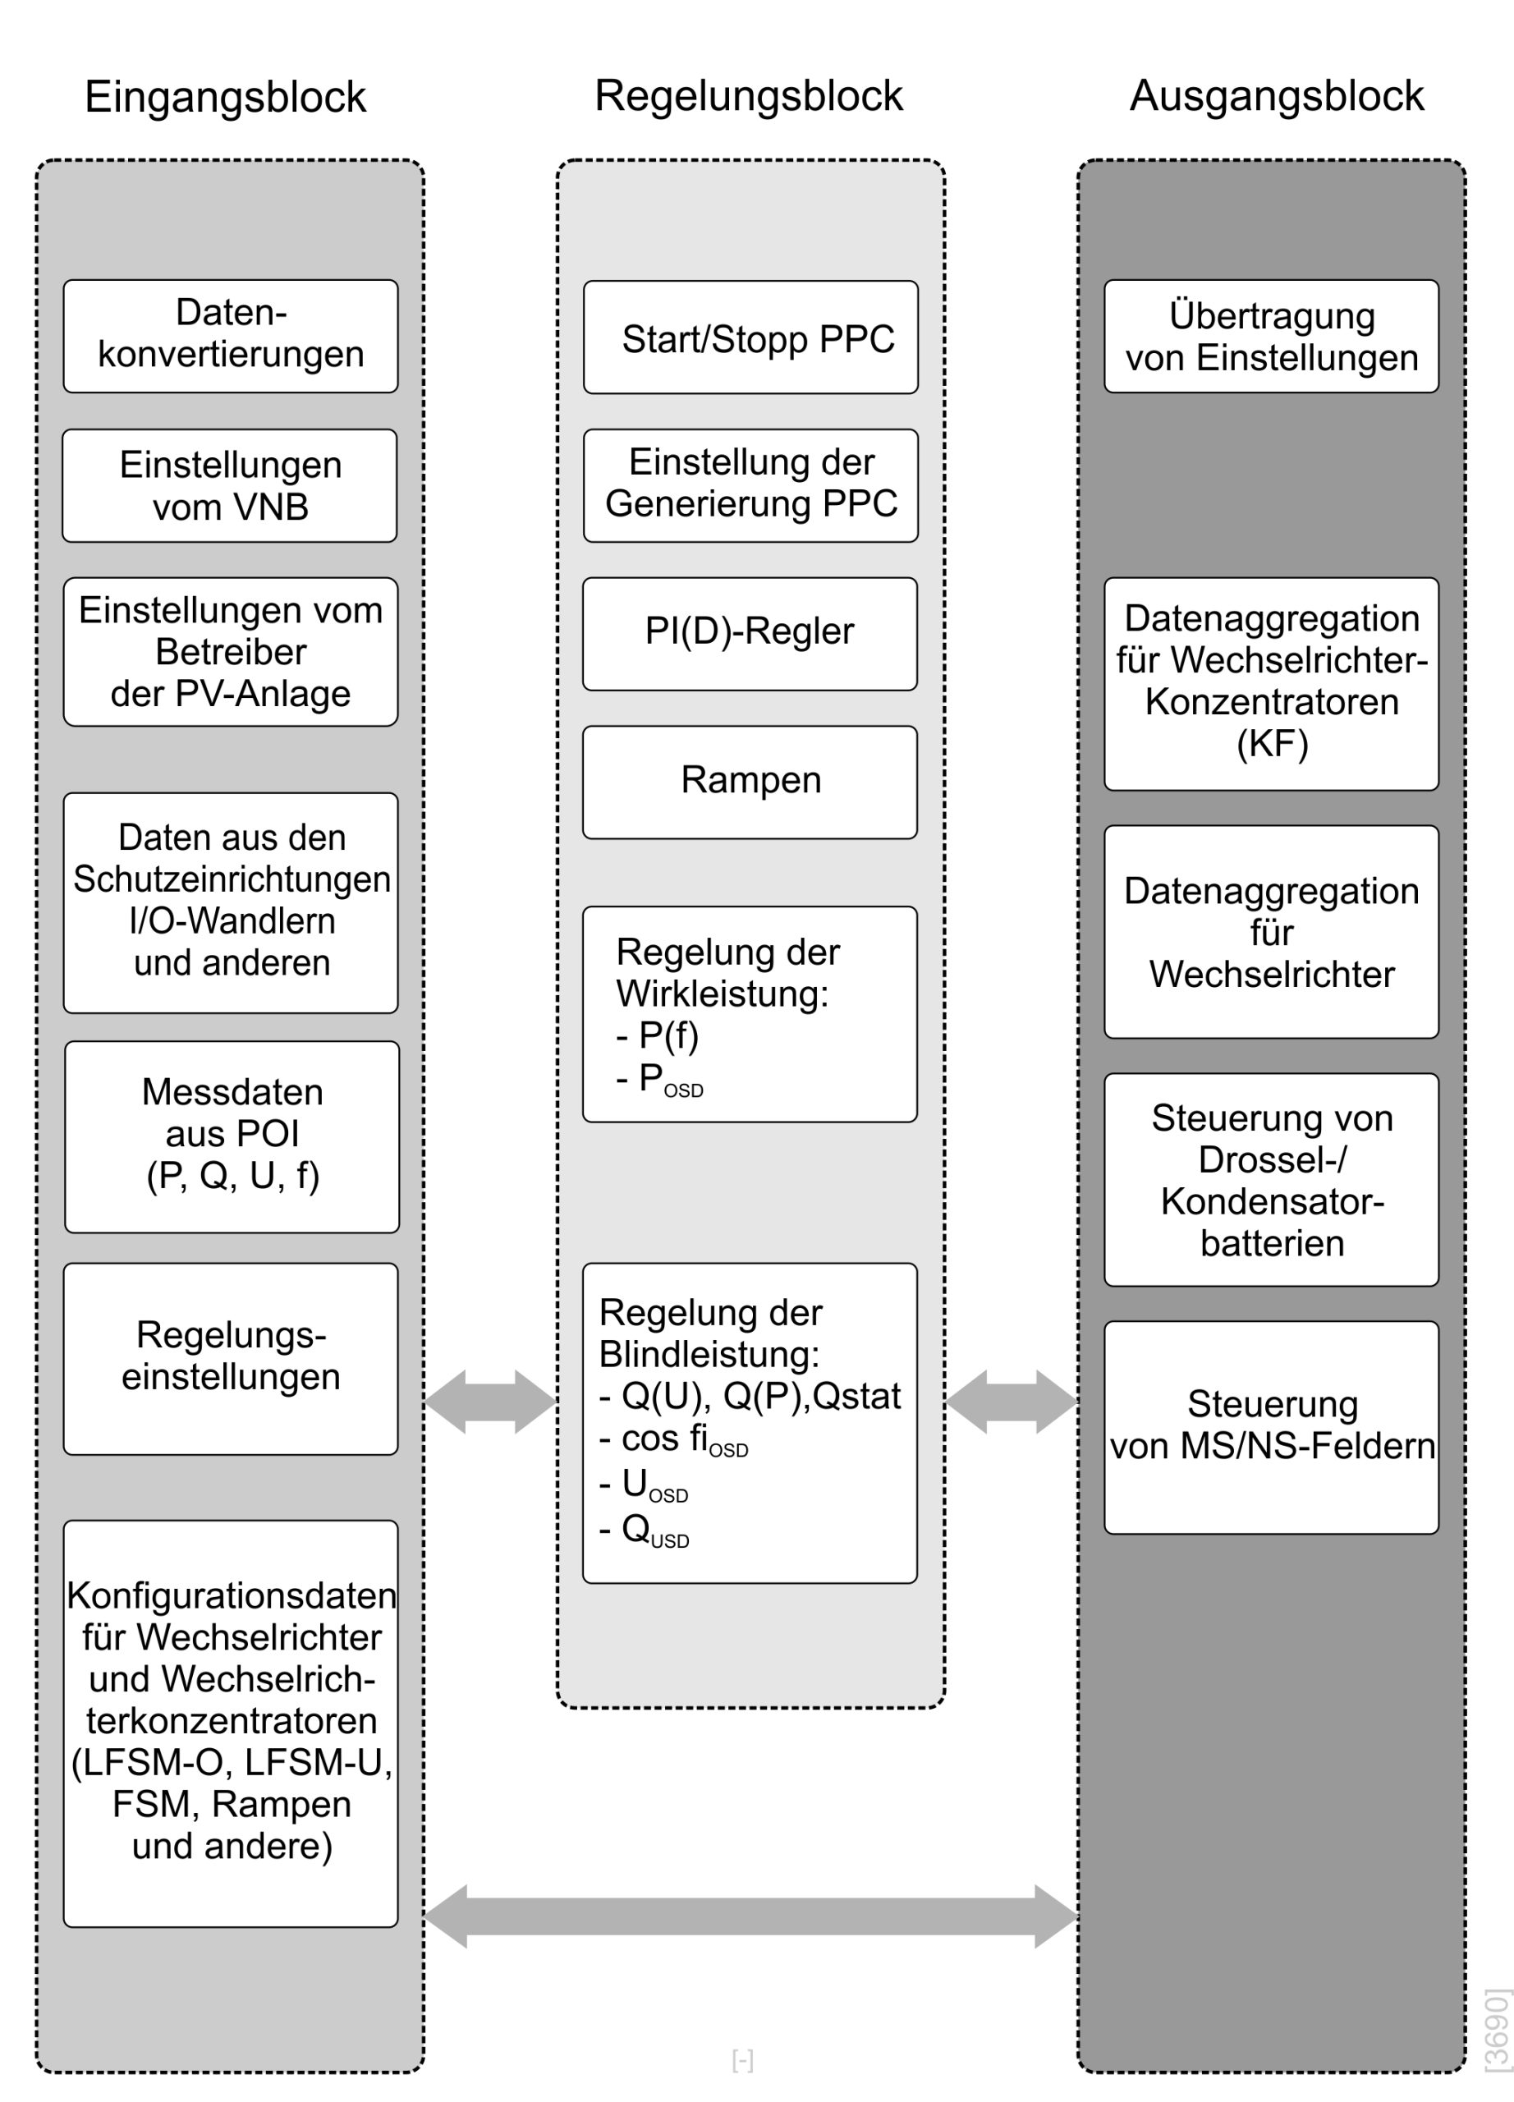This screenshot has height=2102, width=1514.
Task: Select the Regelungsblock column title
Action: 749,96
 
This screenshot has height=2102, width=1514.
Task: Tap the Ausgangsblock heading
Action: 1277,96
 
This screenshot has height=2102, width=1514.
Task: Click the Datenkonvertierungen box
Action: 231,337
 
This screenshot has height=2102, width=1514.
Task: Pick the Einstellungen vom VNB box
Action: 230,485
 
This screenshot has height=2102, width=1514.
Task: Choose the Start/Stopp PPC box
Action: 750,337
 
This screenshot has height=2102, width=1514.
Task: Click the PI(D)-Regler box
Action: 750,634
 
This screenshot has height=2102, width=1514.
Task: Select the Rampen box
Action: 750,783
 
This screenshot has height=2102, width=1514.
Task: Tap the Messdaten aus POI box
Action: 232,1136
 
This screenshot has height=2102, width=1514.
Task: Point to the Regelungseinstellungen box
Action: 231,1359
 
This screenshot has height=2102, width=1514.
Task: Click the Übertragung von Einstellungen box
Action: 1271,337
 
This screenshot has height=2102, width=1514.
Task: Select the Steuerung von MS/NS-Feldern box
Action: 1271,1427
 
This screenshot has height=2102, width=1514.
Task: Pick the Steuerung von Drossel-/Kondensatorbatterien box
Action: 1271,1180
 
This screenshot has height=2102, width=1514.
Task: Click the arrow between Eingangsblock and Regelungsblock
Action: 490,1402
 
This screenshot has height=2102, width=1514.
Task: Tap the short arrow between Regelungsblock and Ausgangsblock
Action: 1012,1402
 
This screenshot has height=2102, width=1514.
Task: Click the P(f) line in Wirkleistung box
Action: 658,1036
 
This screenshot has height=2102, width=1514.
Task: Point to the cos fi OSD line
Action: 673,1439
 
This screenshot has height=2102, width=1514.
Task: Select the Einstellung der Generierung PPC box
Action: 750,485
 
